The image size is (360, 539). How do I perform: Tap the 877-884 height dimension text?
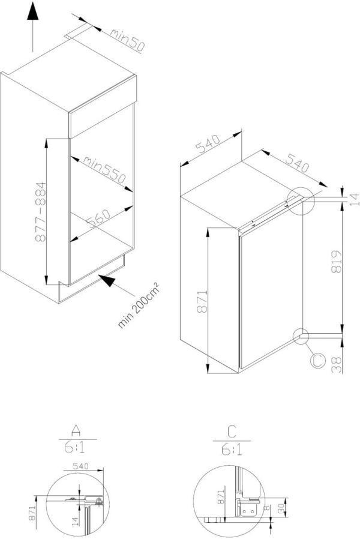point(40,211)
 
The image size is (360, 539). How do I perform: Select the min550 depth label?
point(103,169)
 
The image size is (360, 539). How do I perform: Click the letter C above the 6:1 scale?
point(231,430)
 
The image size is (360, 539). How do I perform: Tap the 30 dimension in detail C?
point(281,507)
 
